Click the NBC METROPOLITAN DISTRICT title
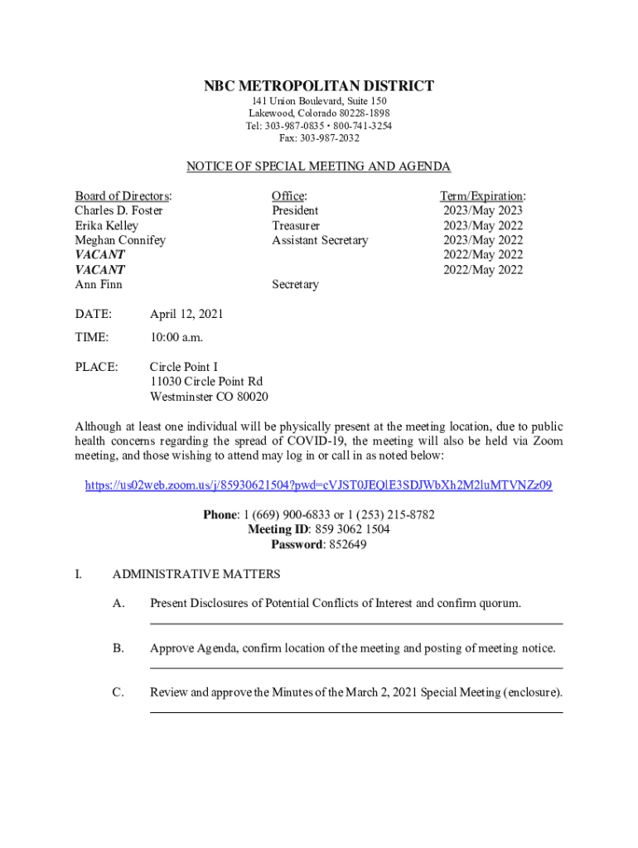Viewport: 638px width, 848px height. click(319, 86)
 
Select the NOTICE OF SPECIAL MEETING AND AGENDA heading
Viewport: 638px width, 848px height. click(319, 166)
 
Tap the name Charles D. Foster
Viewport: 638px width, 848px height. click(118, 210)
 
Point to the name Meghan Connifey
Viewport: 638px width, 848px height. click(120, 240)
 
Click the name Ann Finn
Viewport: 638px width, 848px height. click(99, 285)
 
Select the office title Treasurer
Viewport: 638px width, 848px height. click(296, 225)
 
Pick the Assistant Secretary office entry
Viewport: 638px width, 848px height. click(320, 240)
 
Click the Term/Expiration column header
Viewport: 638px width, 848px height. click(482, 195)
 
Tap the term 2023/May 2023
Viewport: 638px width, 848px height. click(482, 210)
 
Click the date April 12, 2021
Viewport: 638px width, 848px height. click(186, 315)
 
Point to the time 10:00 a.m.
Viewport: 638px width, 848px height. click(176, 337)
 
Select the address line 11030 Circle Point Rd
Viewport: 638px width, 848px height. click(206, 382)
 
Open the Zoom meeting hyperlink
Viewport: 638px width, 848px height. click(319, 485)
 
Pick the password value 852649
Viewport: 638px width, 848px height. click(348, 544)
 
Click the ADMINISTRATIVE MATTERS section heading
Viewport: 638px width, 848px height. click(196, 574)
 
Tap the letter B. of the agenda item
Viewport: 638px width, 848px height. click(118, 648)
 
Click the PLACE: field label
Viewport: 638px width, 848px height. click(96, 367)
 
